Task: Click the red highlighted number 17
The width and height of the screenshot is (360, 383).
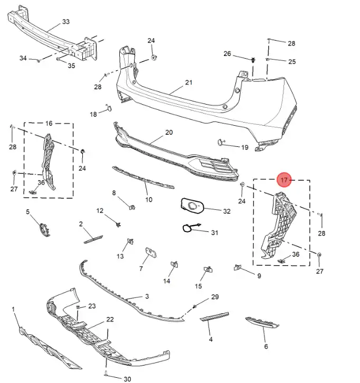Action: click(284, 180)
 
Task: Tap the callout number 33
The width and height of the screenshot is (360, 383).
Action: click(66, 22)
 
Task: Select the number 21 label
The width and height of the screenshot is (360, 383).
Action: click(188, 83)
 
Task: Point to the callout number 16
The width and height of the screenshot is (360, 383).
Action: click(49, 123)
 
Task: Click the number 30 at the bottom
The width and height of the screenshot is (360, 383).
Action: click(127, 379)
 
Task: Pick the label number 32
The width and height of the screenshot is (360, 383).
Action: click(226, 211)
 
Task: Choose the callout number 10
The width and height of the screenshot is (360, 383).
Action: click(149, 200)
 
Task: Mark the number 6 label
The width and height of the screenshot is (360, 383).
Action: click(266, 347)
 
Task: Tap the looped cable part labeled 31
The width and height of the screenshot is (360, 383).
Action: click(188, 228)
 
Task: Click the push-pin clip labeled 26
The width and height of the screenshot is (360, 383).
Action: click(254, 60)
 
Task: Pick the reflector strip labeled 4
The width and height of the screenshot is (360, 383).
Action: click(215, 316)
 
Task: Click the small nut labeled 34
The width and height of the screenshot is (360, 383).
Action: click(39, 61)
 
